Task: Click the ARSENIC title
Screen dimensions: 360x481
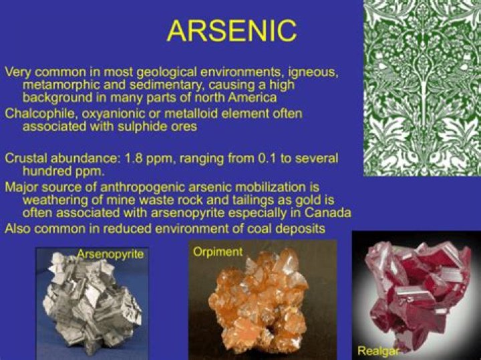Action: coord(231,31)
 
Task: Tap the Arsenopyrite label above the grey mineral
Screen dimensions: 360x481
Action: coord(110,254)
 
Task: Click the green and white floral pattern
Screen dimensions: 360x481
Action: coord(422,87)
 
